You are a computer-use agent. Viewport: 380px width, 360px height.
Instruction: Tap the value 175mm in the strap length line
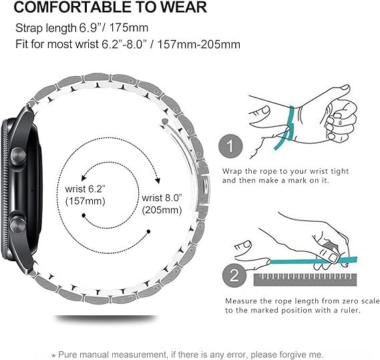click(128, 28)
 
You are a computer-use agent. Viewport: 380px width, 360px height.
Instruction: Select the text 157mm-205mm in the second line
click(199, 44)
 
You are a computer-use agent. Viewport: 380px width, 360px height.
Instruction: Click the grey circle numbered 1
click(230, 146)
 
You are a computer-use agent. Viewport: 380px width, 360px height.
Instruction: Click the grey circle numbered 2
click(234, 275)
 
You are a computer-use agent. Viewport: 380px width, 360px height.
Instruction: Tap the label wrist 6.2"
click(85, 189)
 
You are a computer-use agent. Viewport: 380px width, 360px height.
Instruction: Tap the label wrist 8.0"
click(162, 198)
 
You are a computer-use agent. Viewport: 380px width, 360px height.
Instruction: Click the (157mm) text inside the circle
click(85, 201)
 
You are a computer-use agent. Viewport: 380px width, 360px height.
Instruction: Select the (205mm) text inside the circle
click(162, 210)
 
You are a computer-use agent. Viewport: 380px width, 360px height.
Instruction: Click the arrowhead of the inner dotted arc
click(83, 178)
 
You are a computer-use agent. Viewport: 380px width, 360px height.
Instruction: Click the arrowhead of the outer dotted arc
click(158, 181)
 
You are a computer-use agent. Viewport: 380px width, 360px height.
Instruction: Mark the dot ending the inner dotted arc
click(83, 215)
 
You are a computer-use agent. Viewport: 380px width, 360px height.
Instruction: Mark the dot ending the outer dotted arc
click(148, 232)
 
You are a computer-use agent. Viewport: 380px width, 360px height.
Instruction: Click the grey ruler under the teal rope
click(305, 280)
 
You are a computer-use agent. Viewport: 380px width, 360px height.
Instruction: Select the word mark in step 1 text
click(297, 180)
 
